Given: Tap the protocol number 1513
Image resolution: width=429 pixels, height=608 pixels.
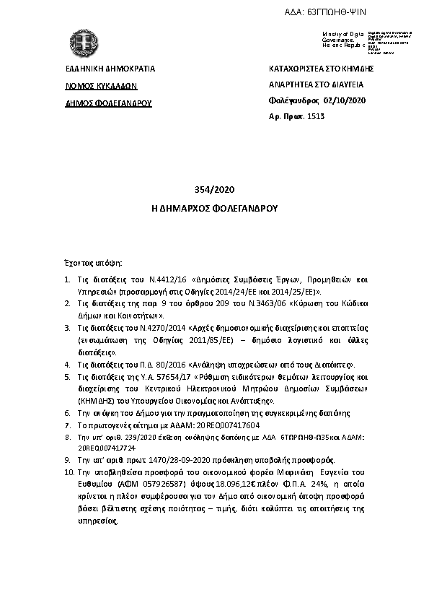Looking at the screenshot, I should click(317, 116).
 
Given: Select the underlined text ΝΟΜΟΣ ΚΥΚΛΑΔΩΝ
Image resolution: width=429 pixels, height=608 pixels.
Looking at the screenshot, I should click(100, 85).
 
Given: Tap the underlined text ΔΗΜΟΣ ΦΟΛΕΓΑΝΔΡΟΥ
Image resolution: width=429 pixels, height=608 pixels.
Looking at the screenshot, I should click(107, 102).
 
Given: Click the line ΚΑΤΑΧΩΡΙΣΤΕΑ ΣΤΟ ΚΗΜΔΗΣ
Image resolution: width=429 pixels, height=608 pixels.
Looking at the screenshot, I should click(320, 69).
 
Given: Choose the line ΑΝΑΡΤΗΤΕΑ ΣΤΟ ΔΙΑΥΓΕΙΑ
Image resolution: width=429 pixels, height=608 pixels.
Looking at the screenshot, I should click(317, 84).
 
